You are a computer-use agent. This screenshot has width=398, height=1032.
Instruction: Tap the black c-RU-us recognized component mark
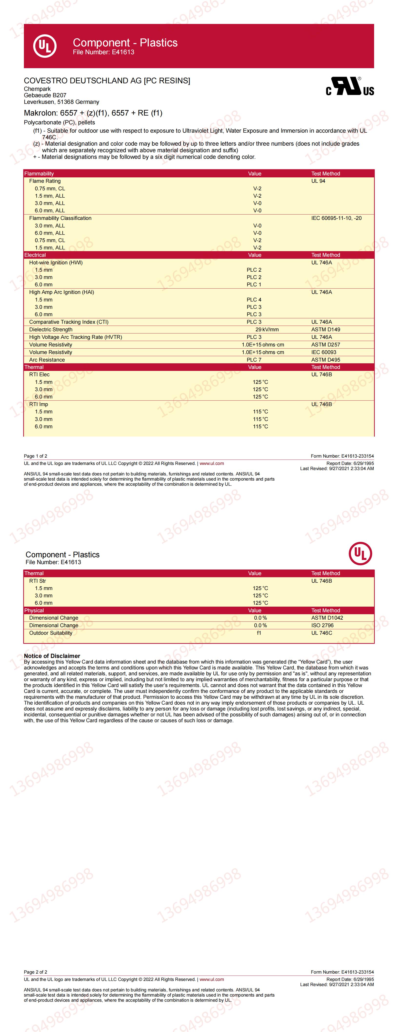(x=350, y=86)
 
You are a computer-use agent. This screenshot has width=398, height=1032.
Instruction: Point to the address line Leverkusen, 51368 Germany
(x=62, y=102)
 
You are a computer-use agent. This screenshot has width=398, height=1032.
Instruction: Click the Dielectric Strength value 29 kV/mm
(x=267, y=329)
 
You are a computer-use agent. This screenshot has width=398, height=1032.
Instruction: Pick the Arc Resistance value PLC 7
(x=254, y=360)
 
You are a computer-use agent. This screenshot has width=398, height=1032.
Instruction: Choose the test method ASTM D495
(x=326, y=360)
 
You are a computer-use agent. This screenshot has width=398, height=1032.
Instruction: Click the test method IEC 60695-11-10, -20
(x=336, y=218)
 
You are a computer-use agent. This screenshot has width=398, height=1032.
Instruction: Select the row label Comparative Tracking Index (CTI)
(x=69, y=322)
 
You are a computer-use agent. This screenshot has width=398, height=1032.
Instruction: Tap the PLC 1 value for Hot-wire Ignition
(x=254, y=284)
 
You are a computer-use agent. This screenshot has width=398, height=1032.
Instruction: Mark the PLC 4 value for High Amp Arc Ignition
(x=254, y=300)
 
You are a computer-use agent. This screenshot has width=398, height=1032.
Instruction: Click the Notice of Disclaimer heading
(x=52, y=656)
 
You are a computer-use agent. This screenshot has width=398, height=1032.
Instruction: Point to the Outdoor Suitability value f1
(x=259, y=633)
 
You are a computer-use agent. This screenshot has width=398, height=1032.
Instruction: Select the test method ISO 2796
(x=322, y=625)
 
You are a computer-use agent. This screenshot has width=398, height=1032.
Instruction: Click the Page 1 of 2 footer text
(x=36, y=456)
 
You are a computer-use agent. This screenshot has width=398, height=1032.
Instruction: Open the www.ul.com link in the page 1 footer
(x=212, y=463)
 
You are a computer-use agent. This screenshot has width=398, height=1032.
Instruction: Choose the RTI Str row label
(x=38, y=581)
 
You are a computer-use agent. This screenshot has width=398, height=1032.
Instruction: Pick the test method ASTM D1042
(x=327, y=618)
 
